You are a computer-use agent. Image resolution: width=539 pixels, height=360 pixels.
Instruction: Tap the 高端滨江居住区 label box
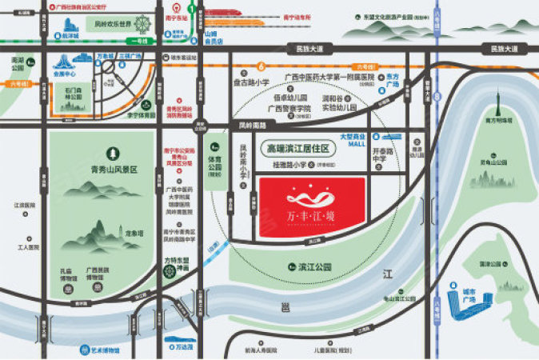(x=298, y=148)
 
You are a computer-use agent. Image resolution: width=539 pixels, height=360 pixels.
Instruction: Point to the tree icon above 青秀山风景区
(x=113, y=153)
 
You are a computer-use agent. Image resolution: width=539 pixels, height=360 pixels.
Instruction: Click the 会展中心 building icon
(x=63, y=61)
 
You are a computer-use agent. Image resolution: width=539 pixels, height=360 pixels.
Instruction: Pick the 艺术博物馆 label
(x=103, y=350)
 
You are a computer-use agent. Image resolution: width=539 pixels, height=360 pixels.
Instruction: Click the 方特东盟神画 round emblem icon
(x=170, y=271)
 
